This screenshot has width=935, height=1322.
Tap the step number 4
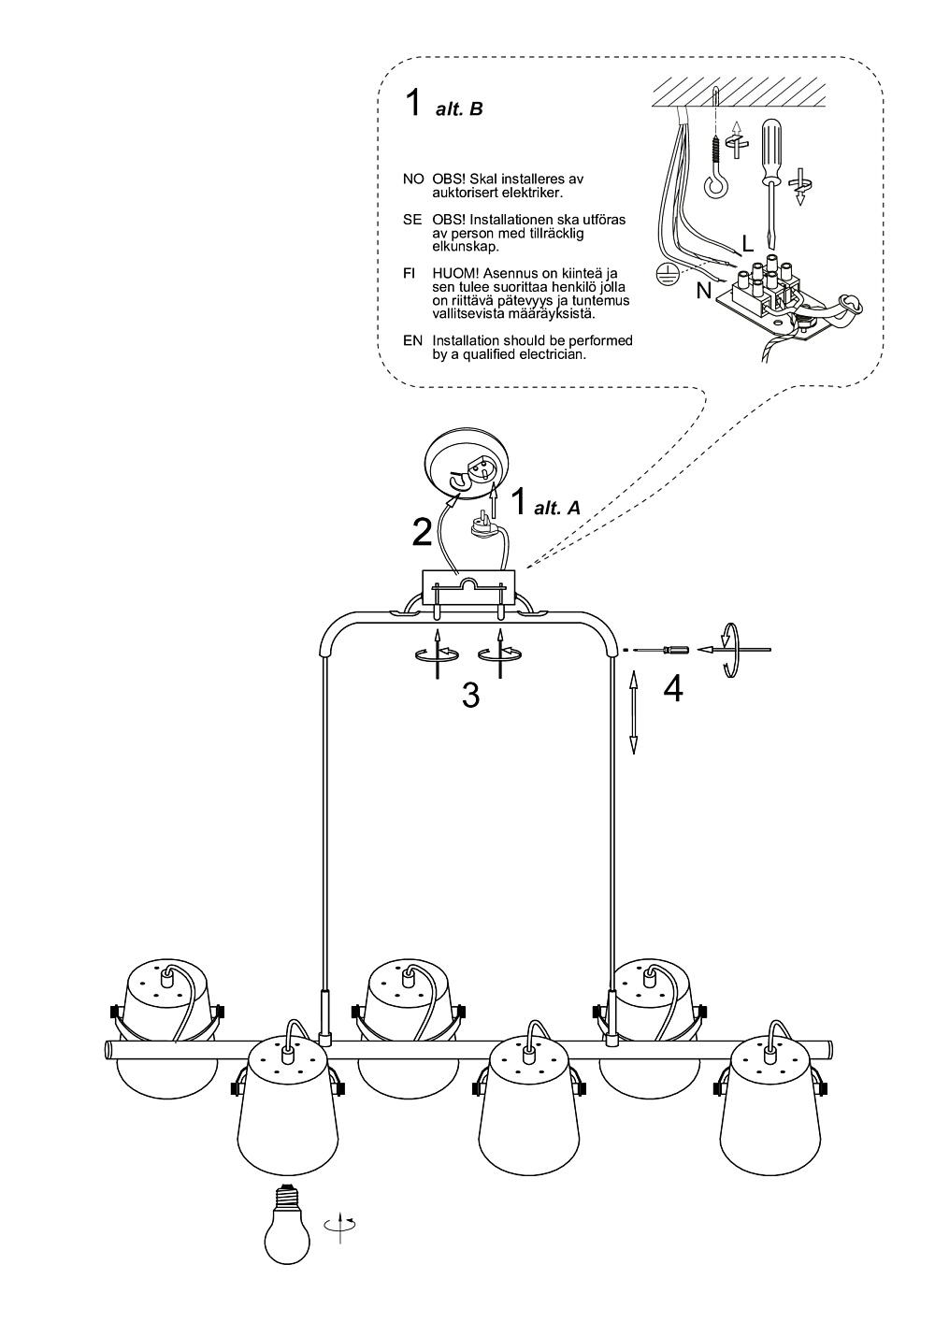pyautogui.click(x=673, y=688)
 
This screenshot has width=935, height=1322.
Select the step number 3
pyautogui.click(x=470, y=696)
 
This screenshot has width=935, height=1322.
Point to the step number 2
pyautogui.click(x=422, y=532)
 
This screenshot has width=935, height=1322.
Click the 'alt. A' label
pyautogui.click(x=557, y=508)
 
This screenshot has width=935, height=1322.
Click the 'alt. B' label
pyautogui.click(x=459, y=109)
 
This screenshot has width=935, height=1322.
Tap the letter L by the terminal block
pyautogui.click(x=748, y=244)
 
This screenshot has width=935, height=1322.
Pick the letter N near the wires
pyautogui.click(x=704, y=291)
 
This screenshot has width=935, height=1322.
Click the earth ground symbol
pyautogui.click(x=667, y=275)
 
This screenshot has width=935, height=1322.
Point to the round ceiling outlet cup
pyautogui.click(x=467, y=467)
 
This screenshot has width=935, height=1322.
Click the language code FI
pyautogui.click(x=410, y=274)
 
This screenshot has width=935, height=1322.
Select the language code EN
pyautogui.click(x=412, y=340)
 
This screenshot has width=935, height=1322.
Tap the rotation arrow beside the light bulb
pyautogui.click(x=340, y=1224)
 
